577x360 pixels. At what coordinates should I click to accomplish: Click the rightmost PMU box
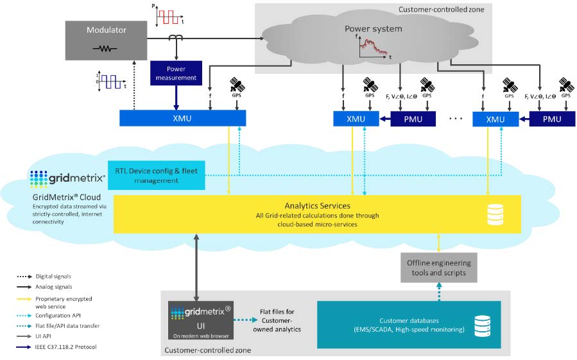551,118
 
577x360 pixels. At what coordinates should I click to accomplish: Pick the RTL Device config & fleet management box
156,175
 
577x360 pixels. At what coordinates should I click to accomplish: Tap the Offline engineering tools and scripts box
439,268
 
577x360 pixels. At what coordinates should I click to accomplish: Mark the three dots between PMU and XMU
454,119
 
